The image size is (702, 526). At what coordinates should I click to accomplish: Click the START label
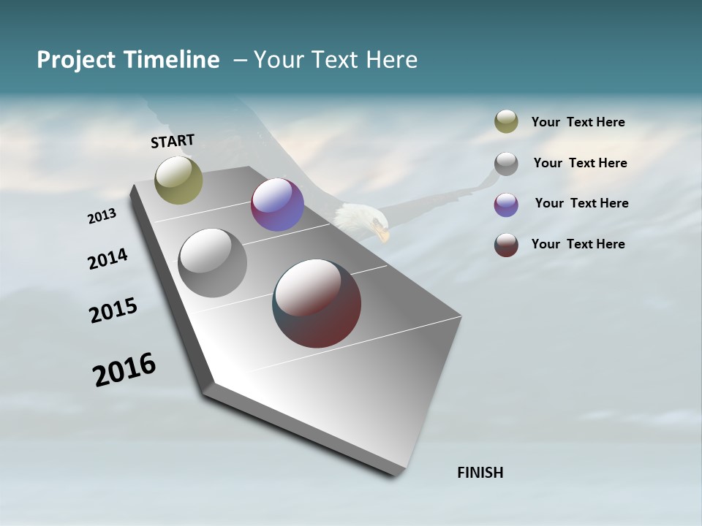[173, 141]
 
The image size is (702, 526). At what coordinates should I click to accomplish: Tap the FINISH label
[480, 473]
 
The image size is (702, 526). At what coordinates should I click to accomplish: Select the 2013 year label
[102, 216]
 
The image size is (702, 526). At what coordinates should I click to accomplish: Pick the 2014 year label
[107, 259]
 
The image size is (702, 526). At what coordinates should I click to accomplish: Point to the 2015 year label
[113, 310]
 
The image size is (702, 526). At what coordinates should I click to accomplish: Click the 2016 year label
[124, 370]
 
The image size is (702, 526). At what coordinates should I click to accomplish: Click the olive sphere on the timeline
[178, 180]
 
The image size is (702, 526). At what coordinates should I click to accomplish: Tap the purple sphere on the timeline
[277, 205]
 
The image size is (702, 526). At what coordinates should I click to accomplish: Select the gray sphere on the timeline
[212, 263]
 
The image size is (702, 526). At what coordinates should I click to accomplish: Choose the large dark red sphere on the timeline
[317, 303]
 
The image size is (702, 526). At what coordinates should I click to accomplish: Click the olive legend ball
[506, 122]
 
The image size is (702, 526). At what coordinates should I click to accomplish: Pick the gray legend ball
[506, 164]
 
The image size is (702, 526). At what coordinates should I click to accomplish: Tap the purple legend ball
[506, 205]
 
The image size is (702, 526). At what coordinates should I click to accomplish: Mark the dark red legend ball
[506, 245]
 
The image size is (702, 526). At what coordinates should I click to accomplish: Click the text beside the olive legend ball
[578, 122]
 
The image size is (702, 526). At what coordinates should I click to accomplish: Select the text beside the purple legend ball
[581, 203]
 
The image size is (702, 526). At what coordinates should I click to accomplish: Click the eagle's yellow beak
[382, 235]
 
